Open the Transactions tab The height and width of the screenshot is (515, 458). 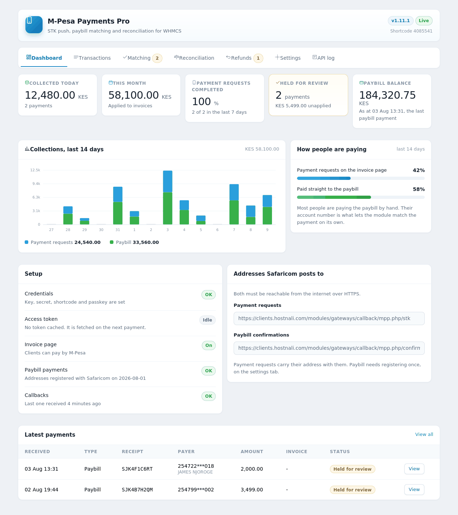coord(92,58)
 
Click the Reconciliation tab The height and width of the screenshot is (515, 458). coord(194,58)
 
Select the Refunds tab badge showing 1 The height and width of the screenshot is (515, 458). coord(258,58)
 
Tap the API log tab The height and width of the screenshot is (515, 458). coord(323,58)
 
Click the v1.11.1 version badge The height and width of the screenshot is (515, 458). coord(400,21)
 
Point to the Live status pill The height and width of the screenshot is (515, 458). coord(424,21)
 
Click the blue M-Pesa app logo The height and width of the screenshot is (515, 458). coord(34,25)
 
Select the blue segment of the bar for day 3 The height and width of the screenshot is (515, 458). coord(167,181)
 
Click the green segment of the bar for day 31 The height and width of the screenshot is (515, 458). coord(118,213)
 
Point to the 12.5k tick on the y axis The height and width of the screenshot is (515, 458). coord(35,170)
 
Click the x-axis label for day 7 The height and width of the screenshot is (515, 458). coord(234,230)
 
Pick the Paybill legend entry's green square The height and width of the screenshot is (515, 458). coord(112,242)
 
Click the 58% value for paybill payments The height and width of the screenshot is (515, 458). coord(419,189)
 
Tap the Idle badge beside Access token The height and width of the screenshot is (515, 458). coord(207,320)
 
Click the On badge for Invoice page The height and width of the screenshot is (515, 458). coord(209,345)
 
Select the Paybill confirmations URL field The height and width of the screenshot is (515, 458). coord(329,348)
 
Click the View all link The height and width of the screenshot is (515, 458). coord(424,435)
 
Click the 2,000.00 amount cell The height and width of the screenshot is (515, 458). coord(252,469)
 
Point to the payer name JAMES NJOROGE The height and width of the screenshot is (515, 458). coord(195,472)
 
